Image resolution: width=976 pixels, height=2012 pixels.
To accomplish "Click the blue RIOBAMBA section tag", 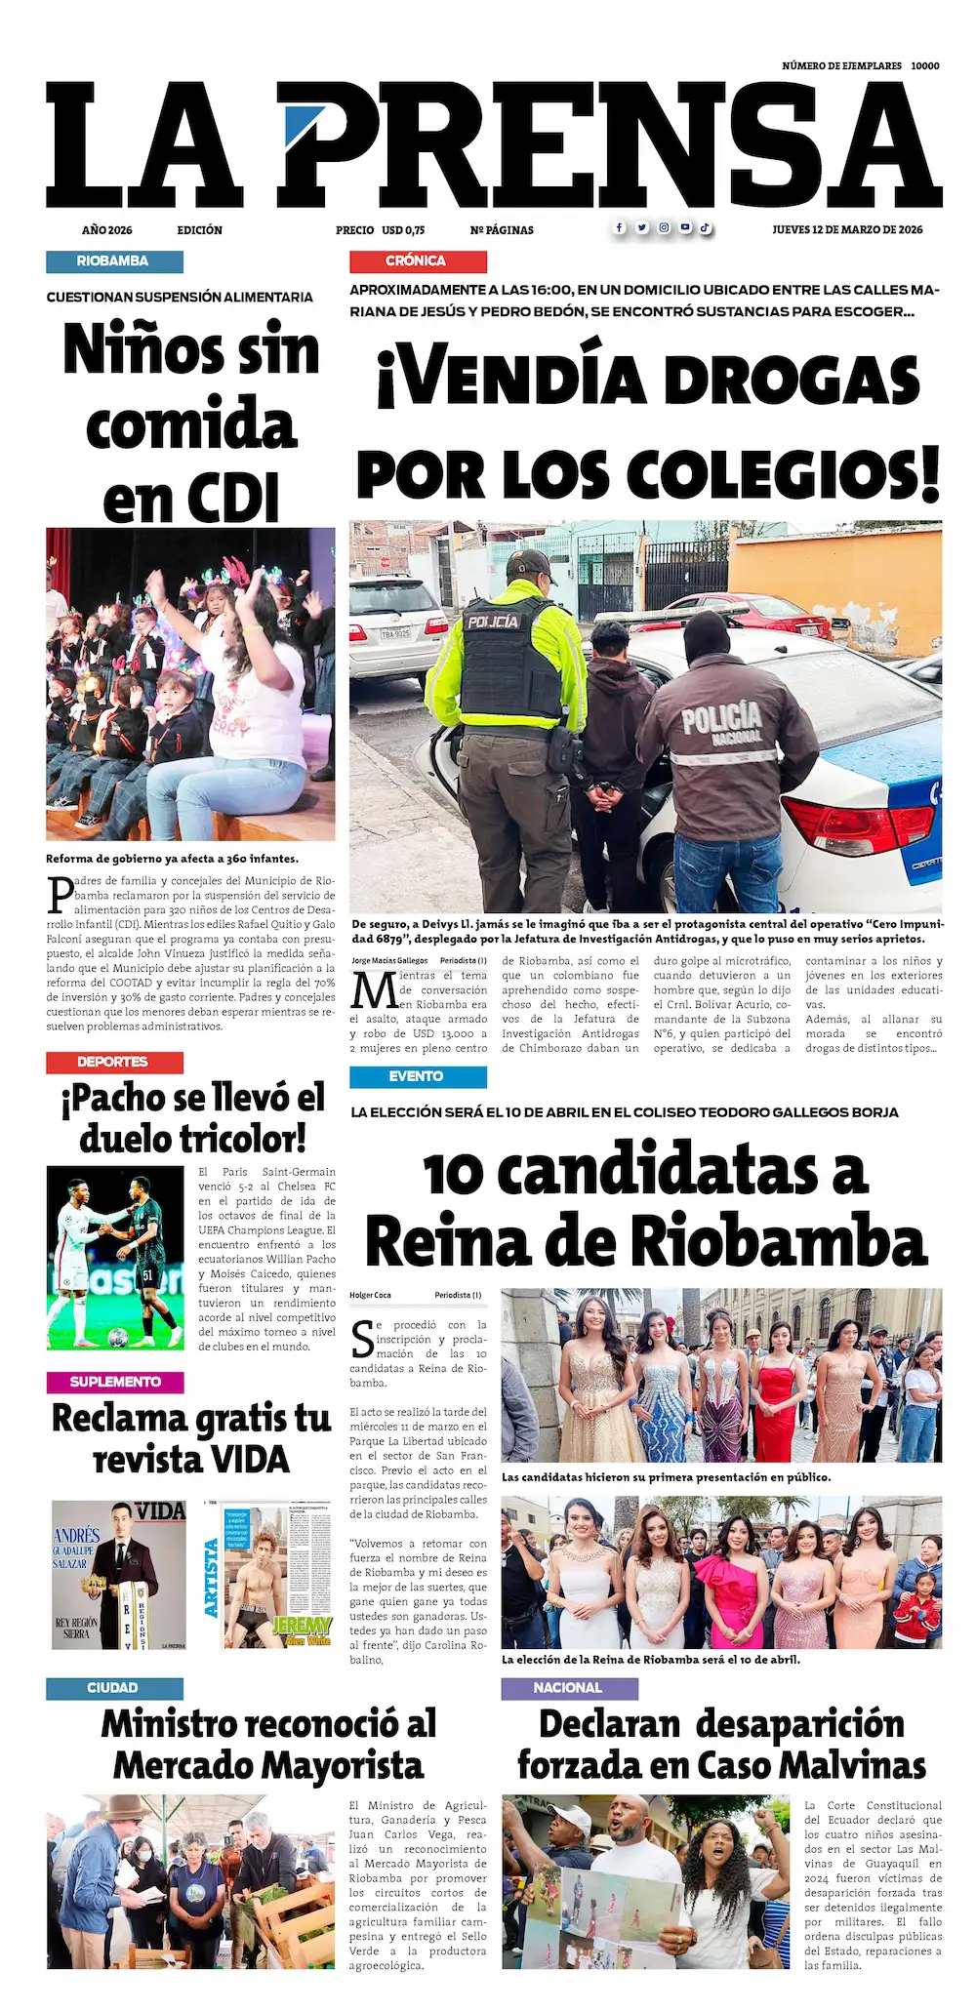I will click(x=114, y=262).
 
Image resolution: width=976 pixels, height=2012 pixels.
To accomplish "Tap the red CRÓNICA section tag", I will click(x=418, y=262).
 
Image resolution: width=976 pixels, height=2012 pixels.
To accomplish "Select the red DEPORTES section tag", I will click(x=114, y=1063).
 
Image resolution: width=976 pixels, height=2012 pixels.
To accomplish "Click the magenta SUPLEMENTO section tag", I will click(x=114, y=1382).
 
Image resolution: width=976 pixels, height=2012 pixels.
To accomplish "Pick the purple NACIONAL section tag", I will click(x=569, y=1688).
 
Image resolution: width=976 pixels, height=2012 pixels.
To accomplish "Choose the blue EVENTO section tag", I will click(x=418, y=1077).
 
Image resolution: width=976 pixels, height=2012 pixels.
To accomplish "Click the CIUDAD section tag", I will click(x=114, y=1688).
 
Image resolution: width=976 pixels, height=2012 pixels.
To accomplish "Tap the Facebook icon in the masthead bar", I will click(x=619, y=228).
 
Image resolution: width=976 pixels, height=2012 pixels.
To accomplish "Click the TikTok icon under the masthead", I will click(x=705, y=228).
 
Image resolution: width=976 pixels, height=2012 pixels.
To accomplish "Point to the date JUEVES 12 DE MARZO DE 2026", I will click(x=847, y=230).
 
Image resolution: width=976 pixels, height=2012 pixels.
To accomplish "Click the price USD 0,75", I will click(x=403, y=230).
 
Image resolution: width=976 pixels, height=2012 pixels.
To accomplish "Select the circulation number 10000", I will click(x=925, y=66).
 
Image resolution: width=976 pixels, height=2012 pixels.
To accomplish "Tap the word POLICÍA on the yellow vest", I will click(x=493, y=622).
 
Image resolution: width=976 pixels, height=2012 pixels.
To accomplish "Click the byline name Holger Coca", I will click(x=370, y=1296).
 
